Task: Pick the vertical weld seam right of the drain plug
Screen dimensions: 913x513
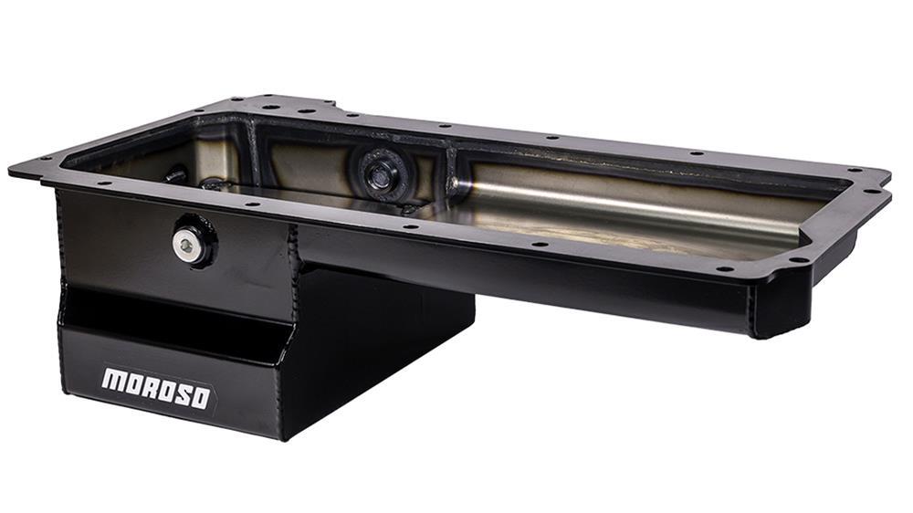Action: [294, 247]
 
